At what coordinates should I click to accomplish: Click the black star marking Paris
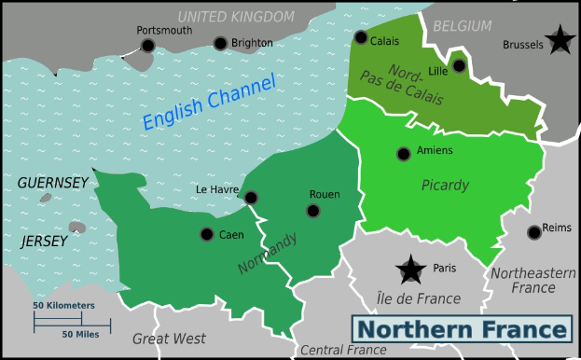410,270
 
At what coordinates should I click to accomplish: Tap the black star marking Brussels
560,40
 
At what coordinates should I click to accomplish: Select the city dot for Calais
361,37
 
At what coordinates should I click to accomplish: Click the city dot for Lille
459,65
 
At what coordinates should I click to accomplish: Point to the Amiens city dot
404,154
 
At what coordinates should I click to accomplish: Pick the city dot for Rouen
313,211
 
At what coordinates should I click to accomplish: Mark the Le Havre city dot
251,198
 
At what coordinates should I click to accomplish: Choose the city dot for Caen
207,234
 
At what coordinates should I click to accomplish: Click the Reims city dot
533,232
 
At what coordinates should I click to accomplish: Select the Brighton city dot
220,43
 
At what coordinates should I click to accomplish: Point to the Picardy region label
445,185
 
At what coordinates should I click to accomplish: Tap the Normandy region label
268,253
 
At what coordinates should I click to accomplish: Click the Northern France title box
463,329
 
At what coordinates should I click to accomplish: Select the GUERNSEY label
52,183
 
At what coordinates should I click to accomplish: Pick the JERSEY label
44,241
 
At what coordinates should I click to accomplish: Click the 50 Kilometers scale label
64,305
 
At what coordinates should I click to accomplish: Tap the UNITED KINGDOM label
235,16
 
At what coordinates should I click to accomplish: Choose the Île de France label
418,298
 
